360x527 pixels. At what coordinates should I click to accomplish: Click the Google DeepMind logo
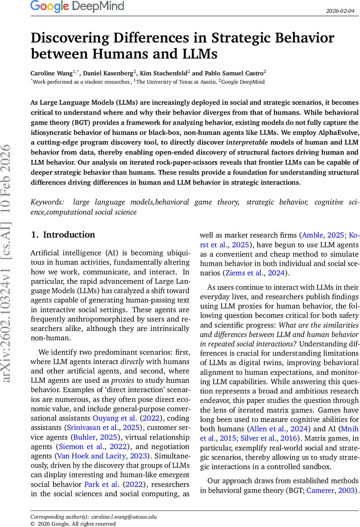pos(77,7)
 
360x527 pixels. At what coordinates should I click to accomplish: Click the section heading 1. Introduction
pos(63,235)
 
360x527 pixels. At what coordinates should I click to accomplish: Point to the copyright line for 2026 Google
pos(73,523)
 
